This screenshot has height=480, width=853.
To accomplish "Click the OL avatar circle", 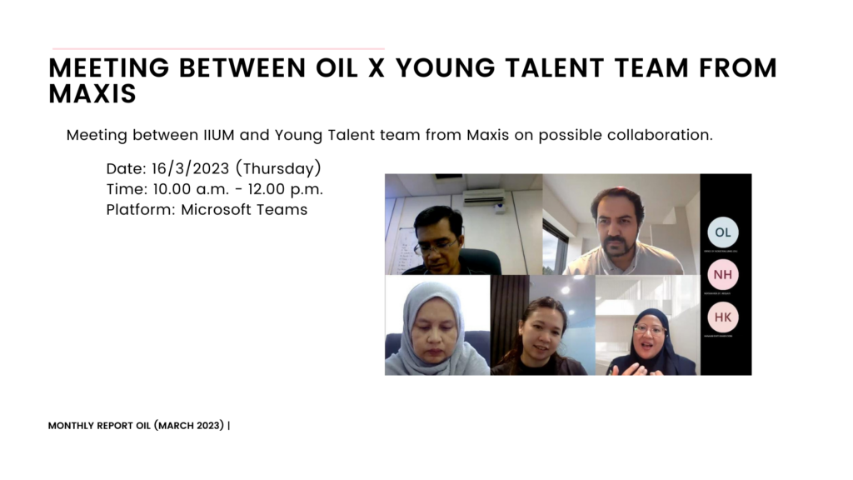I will [x=722, y=232].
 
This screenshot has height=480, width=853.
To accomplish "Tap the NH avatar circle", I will [x=722, y=274].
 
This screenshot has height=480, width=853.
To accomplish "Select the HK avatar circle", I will [x=722, y=317].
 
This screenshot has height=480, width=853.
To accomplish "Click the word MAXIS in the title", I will [x=92, y=94].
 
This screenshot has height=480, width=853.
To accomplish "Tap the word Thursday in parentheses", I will [x=282, y=168].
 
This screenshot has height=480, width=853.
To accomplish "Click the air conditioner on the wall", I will [x=484, y=197].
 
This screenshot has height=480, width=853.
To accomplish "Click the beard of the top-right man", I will [x=617, y=247].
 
